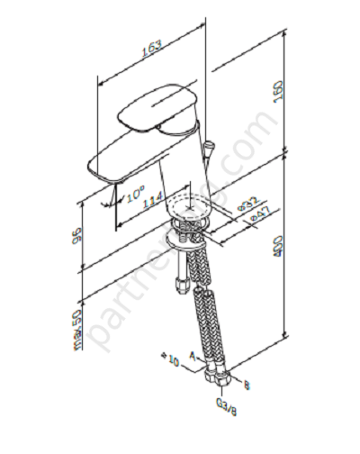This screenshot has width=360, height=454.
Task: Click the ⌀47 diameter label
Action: [x=256, y=215]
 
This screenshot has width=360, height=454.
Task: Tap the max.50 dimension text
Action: [x=78, y=331]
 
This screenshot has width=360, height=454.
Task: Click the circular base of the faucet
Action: [x=190, y=213]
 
